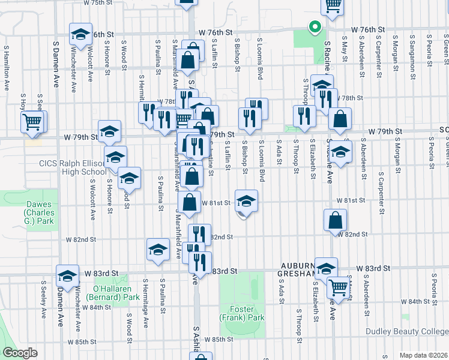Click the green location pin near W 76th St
coord(313,26)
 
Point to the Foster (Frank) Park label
coord(246,313)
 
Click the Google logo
coord(20,353)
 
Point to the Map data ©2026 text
coord(423,355)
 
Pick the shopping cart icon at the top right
coord(333,5)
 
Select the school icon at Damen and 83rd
coord(68,275)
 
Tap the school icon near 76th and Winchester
coord(80,35)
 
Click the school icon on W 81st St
coord(246,200)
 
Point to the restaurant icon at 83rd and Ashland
coord(200,261)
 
